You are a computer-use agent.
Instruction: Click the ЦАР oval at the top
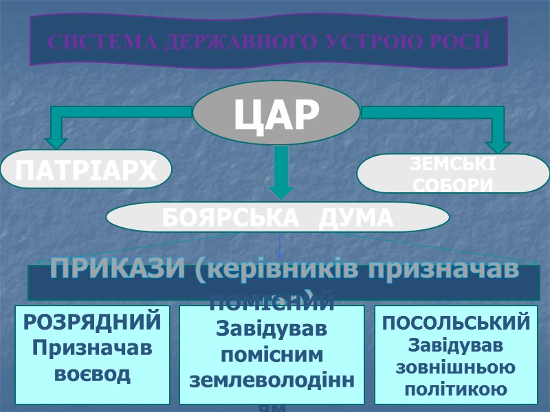point(276,114)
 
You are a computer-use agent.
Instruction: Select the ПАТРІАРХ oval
point(85,170)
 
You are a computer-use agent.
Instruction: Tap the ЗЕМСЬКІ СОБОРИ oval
point(453,174)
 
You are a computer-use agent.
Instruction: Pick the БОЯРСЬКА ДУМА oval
point(277,218)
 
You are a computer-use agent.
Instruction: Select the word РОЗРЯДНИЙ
point(93,321)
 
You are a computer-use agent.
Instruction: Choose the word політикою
point(456,389)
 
